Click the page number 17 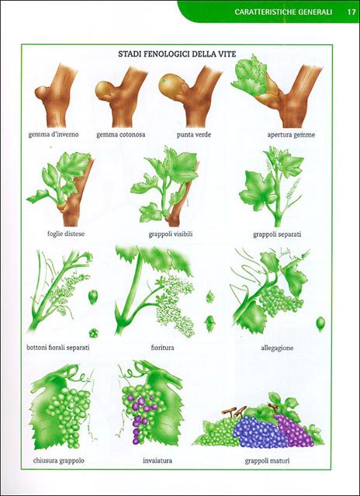[351, 12]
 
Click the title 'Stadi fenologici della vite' [177, 54]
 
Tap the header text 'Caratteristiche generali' [283, 12]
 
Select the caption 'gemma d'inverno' [54, 134]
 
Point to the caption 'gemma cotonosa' [121, 135]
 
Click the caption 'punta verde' [194, 135]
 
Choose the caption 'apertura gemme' [291, 135]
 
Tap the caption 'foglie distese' [66, 234]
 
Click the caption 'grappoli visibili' [171, 234]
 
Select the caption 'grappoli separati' [277, 234]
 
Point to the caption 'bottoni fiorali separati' [58, 347]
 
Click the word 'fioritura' [162, 348]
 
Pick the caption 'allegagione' [277, 348]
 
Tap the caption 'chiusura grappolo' [59, 460]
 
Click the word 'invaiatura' [157, 460]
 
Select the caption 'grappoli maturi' [268, 461]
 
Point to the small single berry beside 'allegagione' [320, 324]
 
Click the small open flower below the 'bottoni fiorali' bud [93, 333]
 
